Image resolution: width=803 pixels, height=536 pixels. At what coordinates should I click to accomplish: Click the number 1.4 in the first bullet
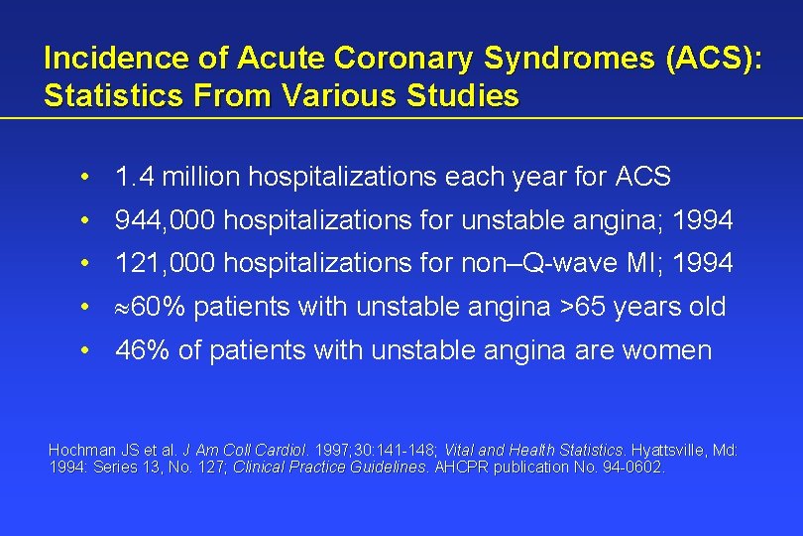pyautogui.click(x=134, y=178)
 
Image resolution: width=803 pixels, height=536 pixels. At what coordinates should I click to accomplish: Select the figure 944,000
pyautogui.click(x=166, y=220)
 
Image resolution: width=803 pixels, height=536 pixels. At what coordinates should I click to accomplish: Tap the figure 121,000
pyautogui.click(x=166, y=263)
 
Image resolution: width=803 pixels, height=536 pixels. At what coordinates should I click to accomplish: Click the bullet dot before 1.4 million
pyautogui.click(x=88, y=178)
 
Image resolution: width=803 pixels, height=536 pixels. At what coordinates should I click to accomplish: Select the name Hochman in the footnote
pyautogui.click(x=81, y=450)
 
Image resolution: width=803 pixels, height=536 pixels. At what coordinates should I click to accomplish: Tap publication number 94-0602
pyautogui.click(x=628, y=467)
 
